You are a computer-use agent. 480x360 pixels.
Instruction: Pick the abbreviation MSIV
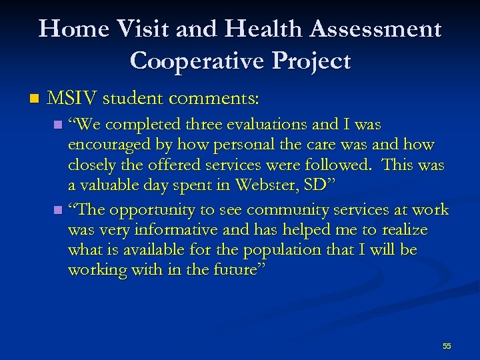(x=72, y=99)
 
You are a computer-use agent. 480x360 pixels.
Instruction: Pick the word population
(x=295, y=249)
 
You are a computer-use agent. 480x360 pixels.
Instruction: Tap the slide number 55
(x=447, y=346)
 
